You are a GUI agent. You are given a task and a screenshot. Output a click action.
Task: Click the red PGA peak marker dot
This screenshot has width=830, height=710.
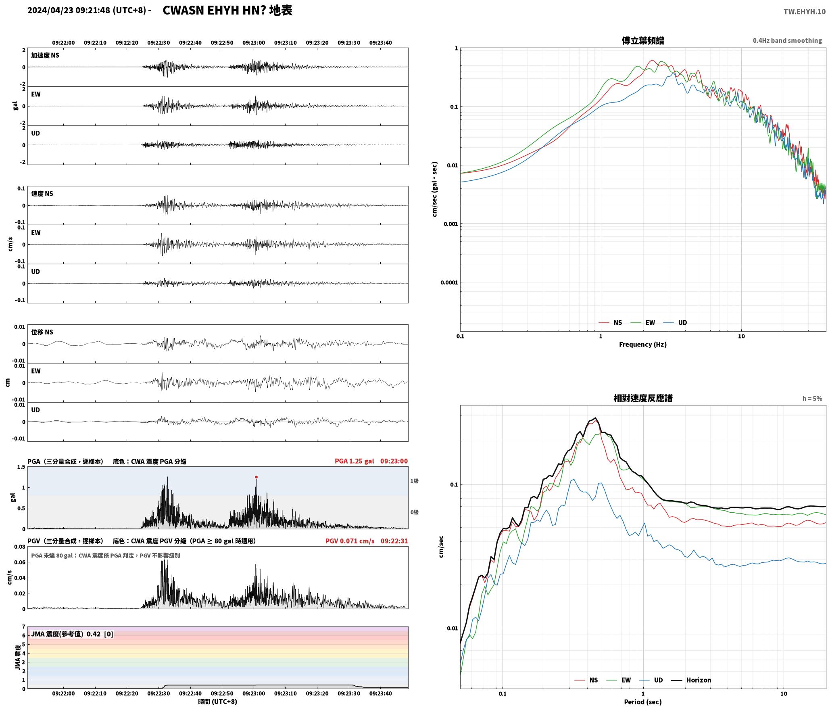(x=256, y=477)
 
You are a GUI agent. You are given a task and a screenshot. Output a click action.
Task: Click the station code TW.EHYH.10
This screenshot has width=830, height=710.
(x=804, y=12)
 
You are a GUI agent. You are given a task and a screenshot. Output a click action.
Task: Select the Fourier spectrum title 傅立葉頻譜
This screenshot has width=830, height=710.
(x=643, y=40)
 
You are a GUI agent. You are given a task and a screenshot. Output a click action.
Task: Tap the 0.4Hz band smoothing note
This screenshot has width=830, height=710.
(x=787, y=40)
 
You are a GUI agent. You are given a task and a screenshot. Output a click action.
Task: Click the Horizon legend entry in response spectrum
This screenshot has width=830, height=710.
(x=691, y=680)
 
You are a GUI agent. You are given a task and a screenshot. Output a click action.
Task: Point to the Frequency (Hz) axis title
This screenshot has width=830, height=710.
(x=643, y=344)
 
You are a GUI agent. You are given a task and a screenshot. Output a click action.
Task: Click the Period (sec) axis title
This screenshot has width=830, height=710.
(x=643, y=702)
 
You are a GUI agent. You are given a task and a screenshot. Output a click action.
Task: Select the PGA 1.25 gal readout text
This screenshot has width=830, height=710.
(x=354, y=461)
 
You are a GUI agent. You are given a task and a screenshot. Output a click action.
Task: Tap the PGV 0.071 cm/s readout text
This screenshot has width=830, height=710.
(x=350, y=541)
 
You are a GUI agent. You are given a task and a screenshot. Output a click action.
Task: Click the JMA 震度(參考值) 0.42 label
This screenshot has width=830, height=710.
(x=66, y=634)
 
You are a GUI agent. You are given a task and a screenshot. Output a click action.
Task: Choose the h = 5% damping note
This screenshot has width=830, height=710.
(x=812, y=399)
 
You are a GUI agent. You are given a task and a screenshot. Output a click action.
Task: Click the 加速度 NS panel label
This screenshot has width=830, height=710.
(x=45, y=55)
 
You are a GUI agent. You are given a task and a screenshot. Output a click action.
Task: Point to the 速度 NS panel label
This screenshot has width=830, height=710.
(x=42, y=194)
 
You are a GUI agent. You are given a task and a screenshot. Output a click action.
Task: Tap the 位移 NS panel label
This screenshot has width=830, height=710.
(x=42, y=332)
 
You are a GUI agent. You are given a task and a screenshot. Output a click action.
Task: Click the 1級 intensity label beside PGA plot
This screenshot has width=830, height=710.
(x=414, y=481)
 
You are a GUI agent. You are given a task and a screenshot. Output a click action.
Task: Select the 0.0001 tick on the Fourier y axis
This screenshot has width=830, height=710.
(x=449, y=282)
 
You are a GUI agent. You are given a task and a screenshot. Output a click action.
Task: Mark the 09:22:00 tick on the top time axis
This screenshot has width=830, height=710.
(x=63, y=43)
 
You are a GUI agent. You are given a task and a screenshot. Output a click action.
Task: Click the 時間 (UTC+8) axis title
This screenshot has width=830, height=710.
(x=217, y=702)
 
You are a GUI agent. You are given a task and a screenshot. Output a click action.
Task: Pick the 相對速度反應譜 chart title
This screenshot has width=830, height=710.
(x=643, y=398)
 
